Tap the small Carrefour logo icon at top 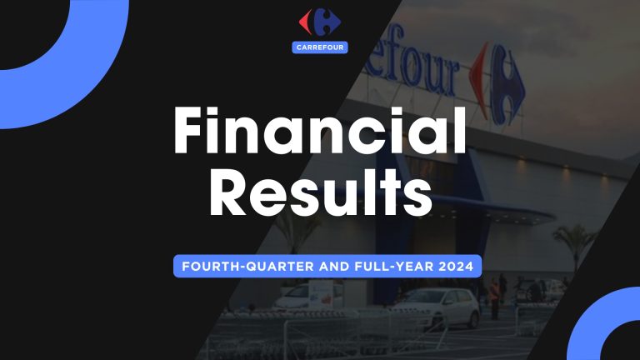tap(320, 22)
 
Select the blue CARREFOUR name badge tap(320, 47)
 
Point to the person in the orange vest tap(495, 293)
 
